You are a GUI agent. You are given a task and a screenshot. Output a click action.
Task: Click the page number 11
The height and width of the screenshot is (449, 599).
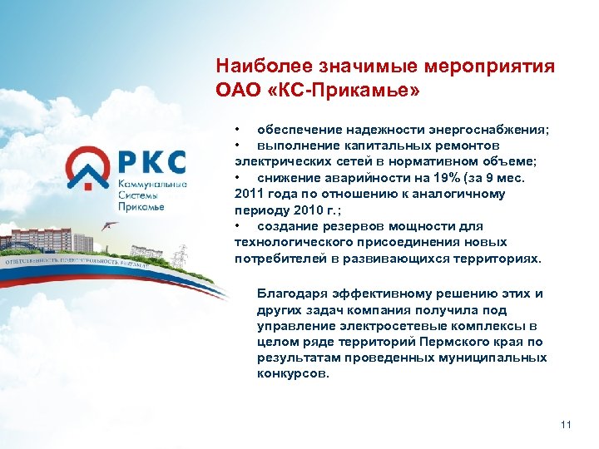(567, 425)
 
